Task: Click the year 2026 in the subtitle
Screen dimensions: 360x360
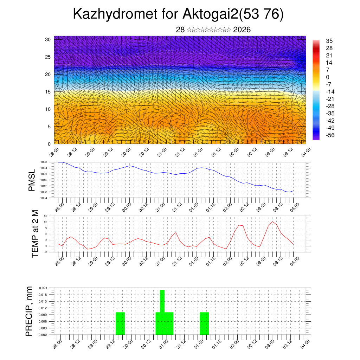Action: (242, 30)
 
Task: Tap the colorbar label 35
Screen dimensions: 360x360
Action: (329, 41)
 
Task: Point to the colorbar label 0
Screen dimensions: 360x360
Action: (328, 77)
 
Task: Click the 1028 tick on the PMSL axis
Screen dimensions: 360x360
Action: (44, 162)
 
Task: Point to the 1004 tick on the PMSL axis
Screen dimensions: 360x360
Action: (44, 198)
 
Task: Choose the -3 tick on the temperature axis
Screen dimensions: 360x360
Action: (46, 252)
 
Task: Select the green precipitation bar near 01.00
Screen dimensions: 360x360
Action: (204, 323)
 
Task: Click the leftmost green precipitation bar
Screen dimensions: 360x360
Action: (120, 323)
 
